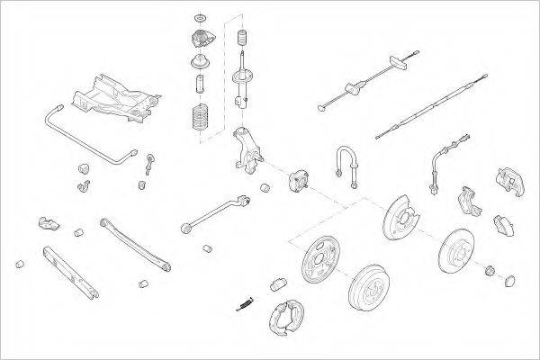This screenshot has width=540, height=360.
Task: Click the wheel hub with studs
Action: pos(298,181)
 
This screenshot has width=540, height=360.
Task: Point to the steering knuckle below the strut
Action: pos(246,149)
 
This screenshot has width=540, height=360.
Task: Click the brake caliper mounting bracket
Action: pos(467,202)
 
